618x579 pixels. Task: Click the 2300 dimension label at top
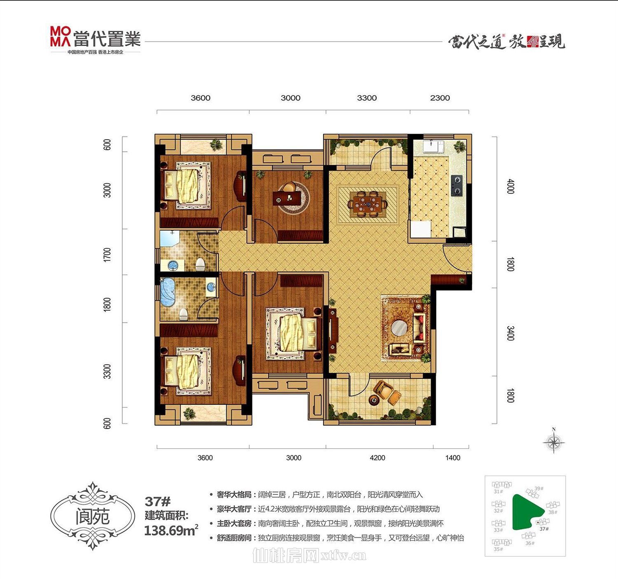coord(440,98)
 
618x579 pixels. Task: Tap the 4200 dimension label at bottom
coord(377,458)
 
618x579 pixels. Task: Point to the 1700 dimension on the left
coord(107,255)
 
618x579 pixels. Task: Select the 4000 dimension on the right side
coord(510,187)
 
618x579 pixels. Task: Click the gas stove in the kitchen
coord(456,185)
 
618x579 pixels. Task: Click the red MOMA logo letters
coord(61,36)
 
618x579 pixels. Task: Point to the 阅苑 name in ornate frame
coord(92,516)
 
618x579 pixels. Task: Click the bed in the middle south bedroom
coord(294,332)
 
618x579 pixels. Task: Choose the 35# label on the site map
coord(498,549)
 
